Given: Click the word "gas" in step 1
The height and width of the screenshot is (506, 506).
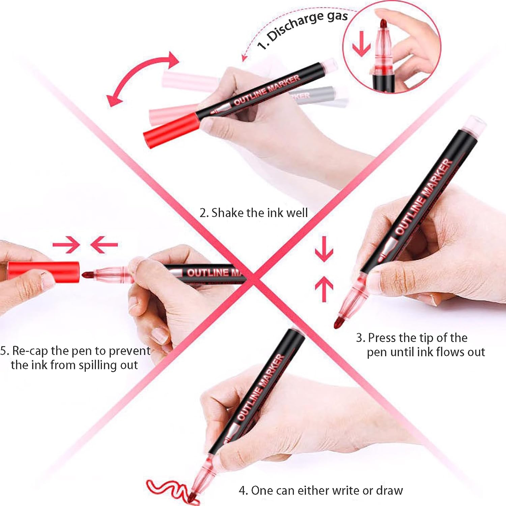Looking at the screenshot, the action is point(337,16).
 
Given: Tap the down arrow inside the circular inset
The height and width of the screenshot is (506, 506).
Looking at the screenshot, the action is point(361,44).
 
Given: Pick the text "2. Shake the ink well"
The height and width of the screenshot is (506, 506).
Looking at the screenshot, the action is point(254,213).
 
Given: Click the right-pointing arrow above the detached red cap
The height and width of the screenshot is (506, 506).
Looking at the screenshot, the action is point(66,245).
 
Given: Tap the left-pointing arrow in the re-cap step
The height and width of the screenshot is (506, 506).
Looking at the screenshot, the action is point(104,245).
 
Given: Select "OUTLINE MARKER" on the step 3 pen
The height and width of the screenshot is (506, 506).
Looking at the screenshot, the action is point(424,197).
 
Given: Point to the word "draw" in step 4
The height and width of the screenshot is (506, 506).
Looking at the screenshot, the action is point(390,490).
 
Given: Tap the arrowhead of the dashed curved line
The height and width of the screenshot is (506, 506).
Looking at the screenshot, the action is point(244,58).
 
